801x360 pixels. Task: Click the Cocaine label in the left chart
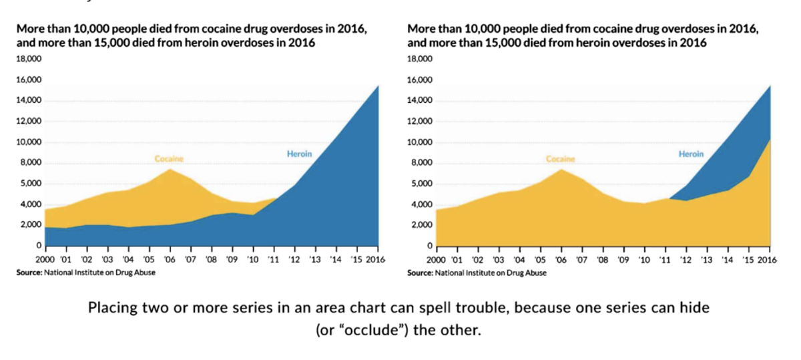(169, 158)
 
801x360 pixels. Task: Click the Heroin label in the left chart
(299, 154)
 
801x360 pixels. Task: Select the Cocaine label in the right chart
(560, 159)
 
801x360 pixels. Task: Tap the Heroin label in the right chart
(691, 154)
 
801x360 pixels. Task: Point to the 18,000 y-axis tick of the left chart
(29, 59)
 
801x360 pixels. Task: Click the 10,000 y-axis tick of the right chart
(419, 142)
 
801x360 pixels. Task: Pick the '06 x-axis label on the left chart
(170, 259)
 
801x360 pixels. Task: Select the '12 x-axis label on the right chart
(686, 260)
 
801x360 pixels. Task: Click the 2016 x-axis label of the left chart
(375, 259)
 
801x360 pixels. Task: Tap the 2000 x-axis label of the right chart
(436, 260)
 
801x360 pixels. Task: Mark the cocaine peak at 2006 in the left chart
(170, 169)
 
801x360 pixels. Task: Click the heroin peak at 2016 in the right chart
(770, 86)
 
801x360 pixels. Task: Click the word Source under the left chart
(29, 273)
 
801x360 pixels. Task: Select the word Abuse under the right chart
(537, 273)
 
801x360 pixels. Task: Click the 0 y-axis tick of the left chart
(39, 246)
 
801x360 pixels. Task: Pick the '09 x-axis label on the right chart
(623, 260)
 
